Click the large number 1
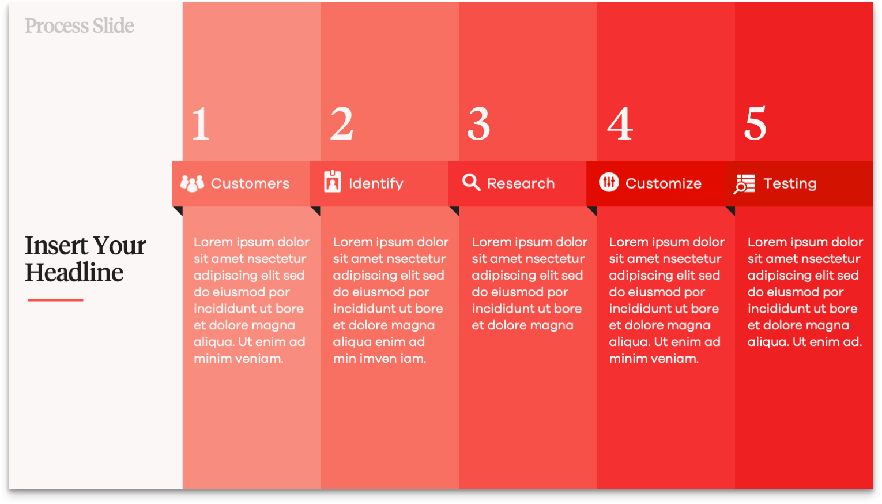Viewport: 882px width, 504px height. click(x=201, y=123)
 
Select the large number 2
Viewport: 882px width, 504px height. click(x=341, y=123)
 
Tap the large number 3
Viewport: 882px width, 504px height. click(x=478, y=123)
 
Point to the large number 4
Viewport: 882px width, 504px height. click(x=620, y=123)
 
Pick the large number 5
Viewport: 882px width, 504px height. click(x=755, y=123)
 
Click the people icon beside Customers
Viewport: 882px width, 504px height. click(x=192, y=183)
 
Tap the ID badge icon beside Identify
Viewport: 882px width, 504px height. click(x=332, y=182)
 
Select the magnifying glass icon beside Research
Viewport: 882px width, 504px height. click(x=471, y=182)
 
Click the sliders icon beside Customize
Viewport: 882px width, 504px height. click(x=609, y=182)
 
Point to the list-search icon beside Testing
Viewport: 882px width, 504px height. click(x=744, y=184)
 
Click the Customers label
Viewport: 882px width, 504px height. click(x=250, y=183)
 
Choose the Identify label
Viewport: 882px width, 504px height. click(x=376, y=183)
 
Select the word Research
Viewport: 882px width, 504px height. click(x=521, y=183)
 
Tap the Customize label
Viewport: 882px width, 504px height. click(x=664, y=183)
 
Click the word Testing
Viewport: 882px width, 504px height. click(x=790, y=183)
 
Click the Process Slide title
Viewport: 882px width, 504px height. click(x=79, y=26)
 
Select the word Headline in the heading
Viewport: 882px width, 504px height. click(x=74, y=273)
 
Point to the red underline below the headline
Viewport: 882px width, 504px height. click(x=56, y=300)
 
